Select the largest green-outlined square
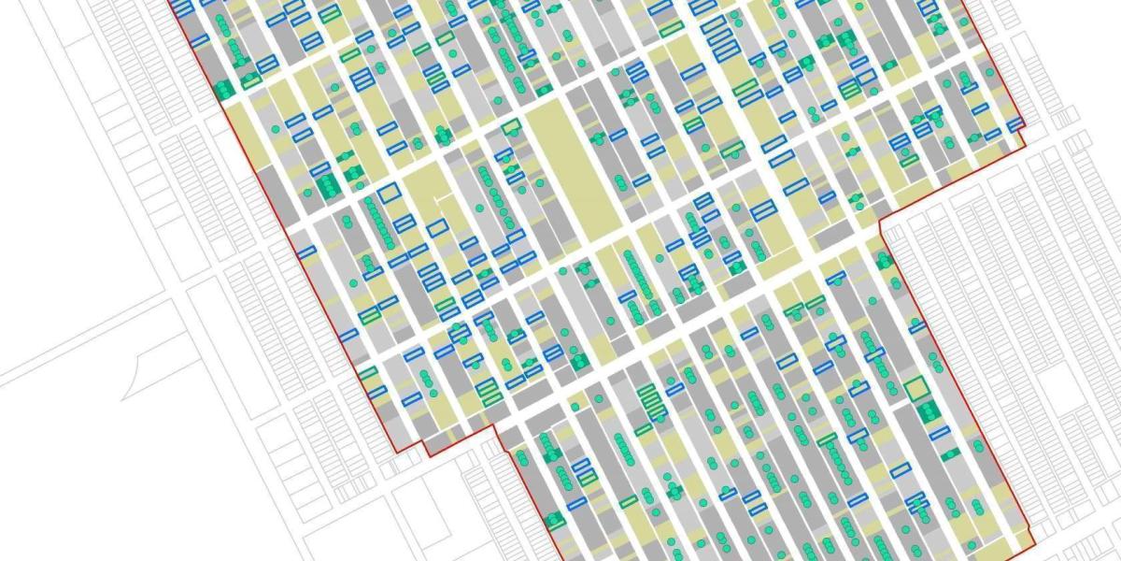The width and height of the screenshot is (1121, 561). coord(915,387)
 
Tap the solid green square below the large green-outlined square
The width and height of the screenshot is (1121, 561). coord(928,411)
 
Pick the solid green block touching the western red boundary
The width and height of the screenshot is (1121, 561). coord(223,90)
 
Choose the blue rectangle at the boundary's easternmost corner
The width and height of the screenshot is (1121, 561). coord(1015,124)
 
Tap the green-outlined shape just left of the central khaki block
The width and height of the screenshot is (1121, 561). coord(510,128)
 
